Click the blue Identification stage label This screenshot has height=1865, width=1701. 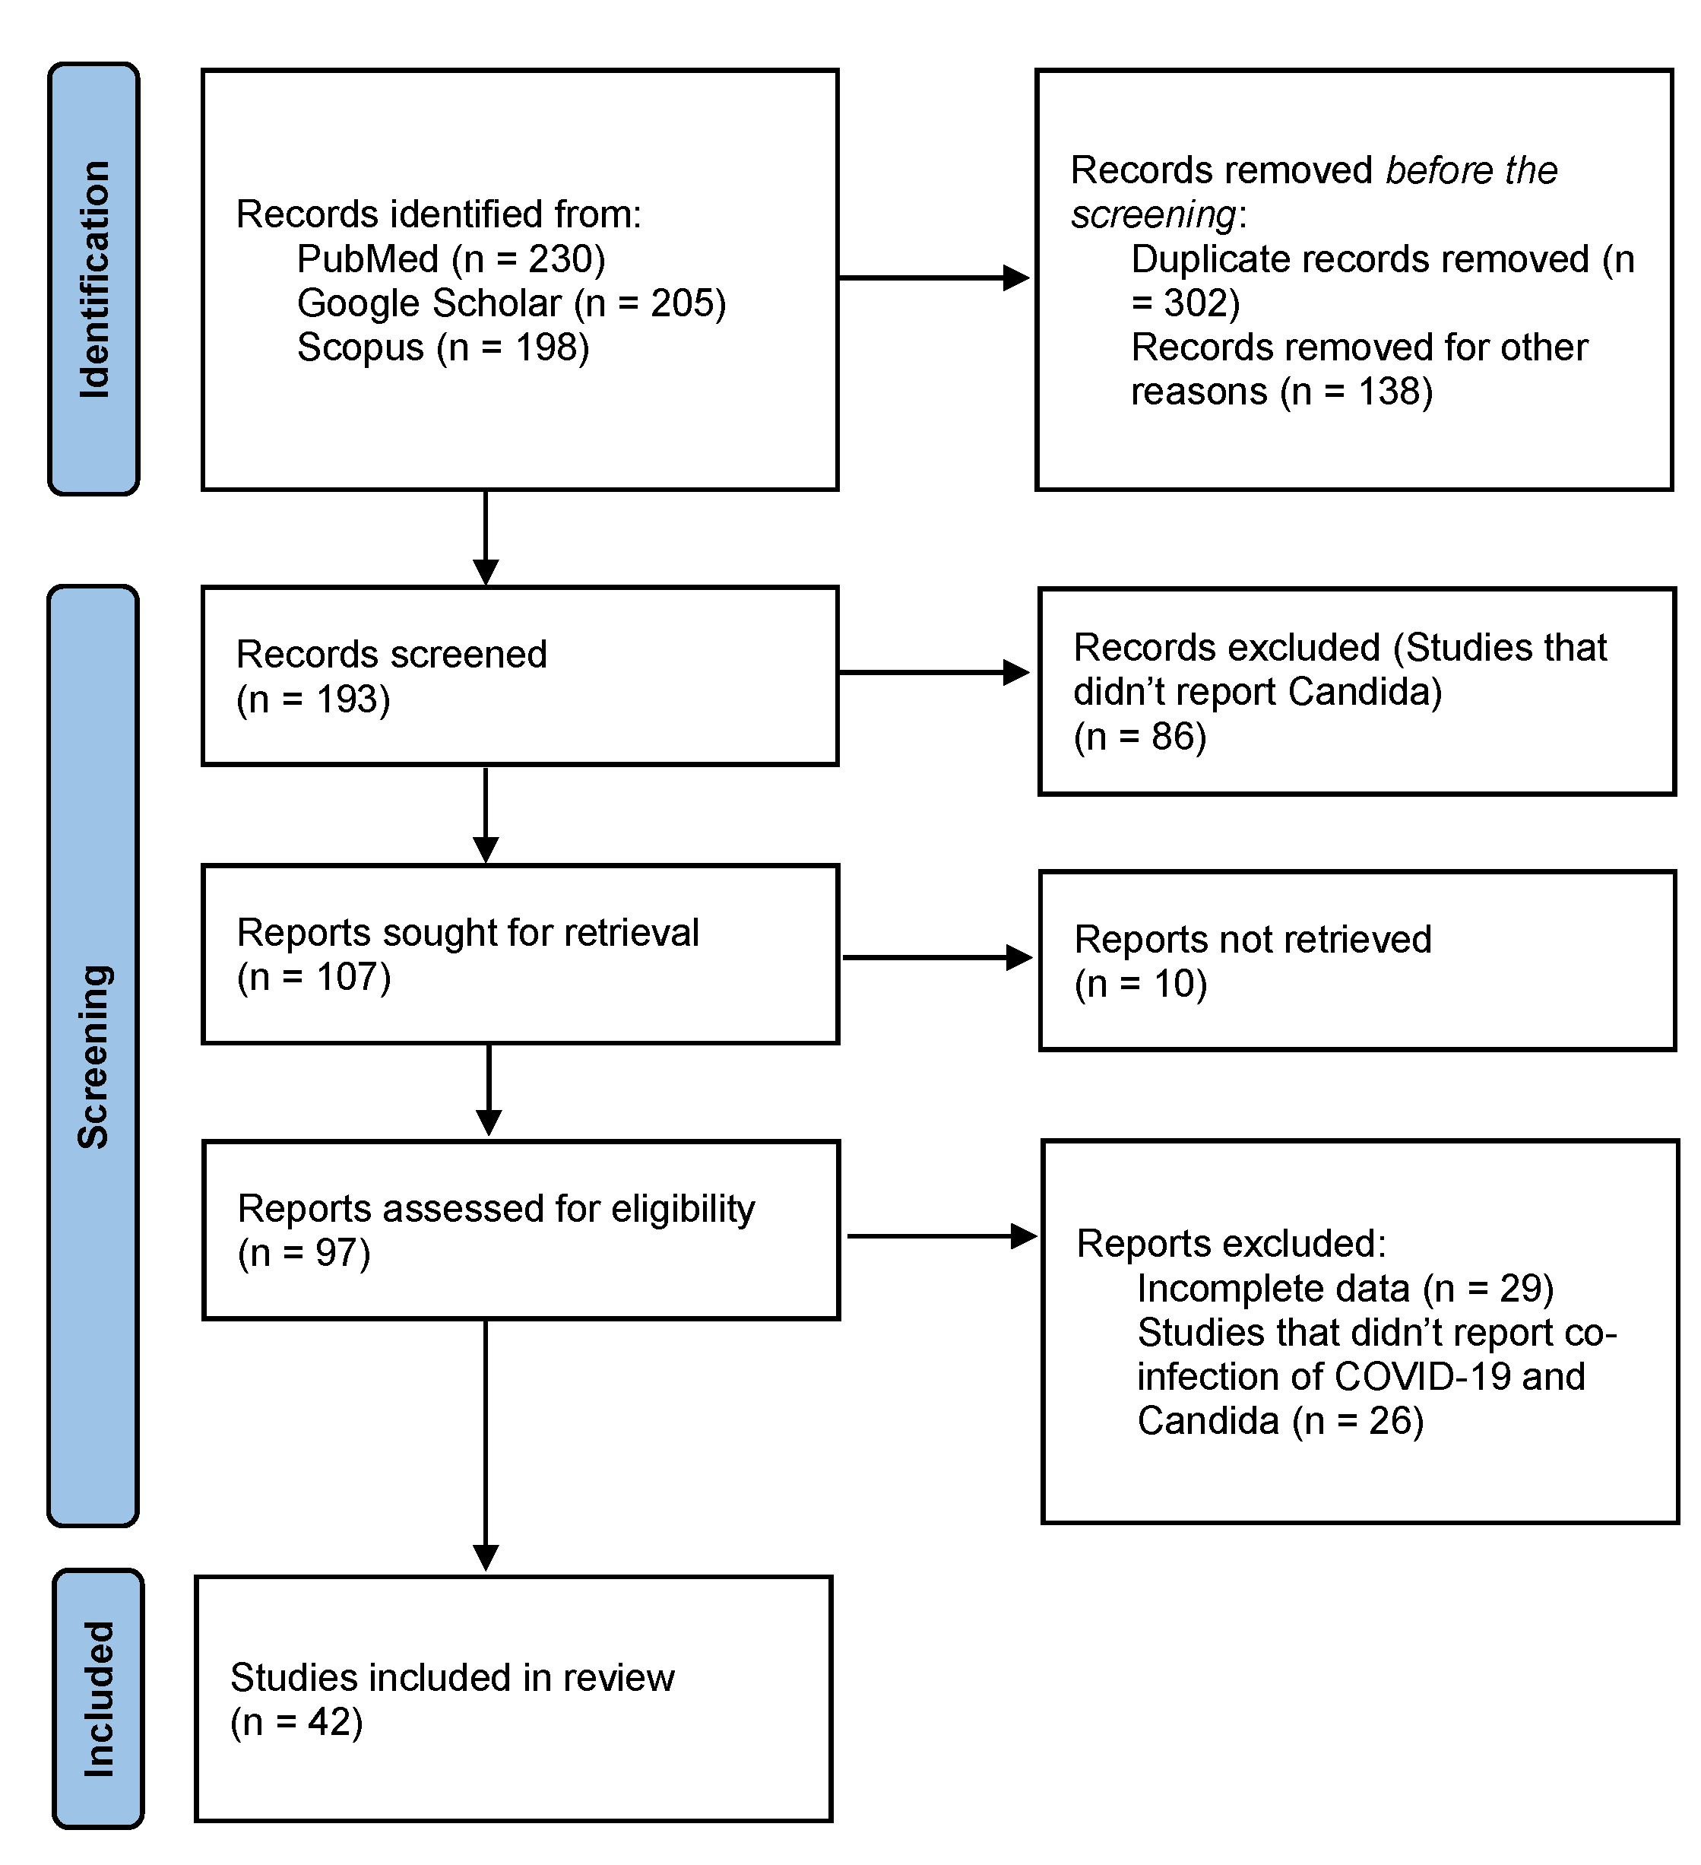pyautogui.click(x=93, y=278)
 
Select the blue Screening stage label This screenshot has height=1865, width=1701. pyautogui.click(x=93, y=1055)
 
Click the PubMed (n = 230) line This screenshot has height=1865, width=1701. pyautogui.click(x=451, y=259)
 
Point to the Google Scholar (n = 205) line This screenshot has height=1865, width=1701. pyautogui.click(x=511, y=303)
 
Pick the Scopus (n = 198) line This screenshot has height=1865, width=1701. pyautogui.click(x=442, y=348)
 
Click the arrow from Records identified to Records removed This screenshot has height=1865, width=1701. pyautogui.click(x=933, y=278)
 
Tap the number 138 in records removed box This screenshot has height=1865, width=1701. pyautogui.click(x=1394, y=392)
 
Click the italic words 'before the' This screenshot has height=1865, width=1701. pyautogui.click(x=1471, y=171)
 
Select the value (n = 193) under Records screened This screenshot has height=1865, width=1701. pyautogui.click(x=314, y=699)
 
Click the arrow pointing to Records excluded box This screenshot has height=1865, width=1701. pyautogui.click(x=933, y=673)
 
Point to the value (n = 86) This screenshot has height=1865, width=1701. pyautogui.click(x=1139, y=737)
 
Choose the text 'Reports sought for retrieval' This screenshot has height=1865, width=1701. pyautogui.click(x=467, y=932)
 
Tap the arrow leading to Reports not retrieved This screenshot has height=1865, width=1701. pyautogui.click(x=936, y=957)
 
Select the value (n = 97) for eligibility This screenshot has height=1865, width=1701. pyautogui.click(x=304, y=1253)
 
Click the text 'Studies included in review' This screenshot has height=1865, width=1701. pyautogui.click(x=452, y=1677)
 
